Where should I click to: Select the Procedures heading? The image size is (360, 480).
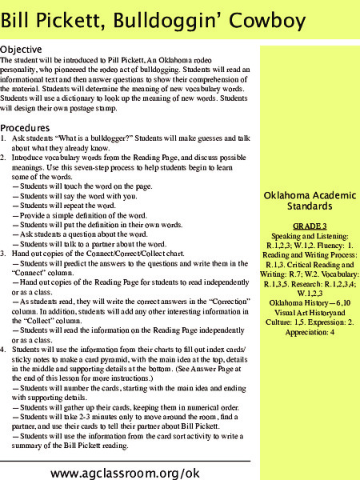30,128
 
